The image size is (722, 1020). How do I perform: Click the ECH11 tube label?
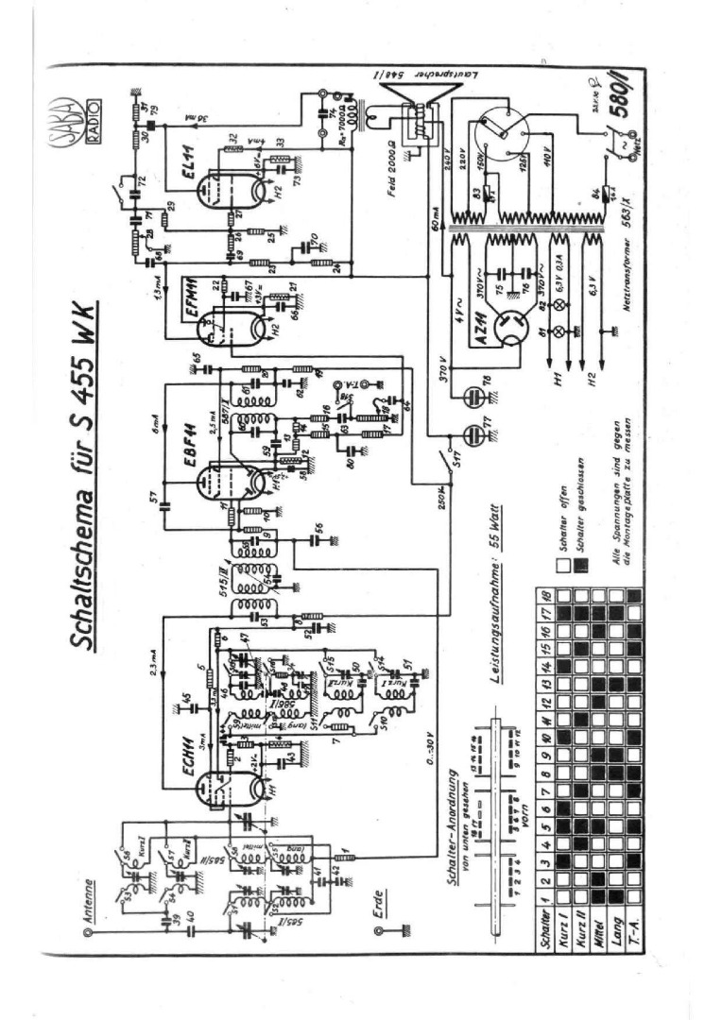pos(194,756)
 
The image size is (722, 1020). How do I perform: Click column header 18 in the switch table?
pos(545,598)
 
